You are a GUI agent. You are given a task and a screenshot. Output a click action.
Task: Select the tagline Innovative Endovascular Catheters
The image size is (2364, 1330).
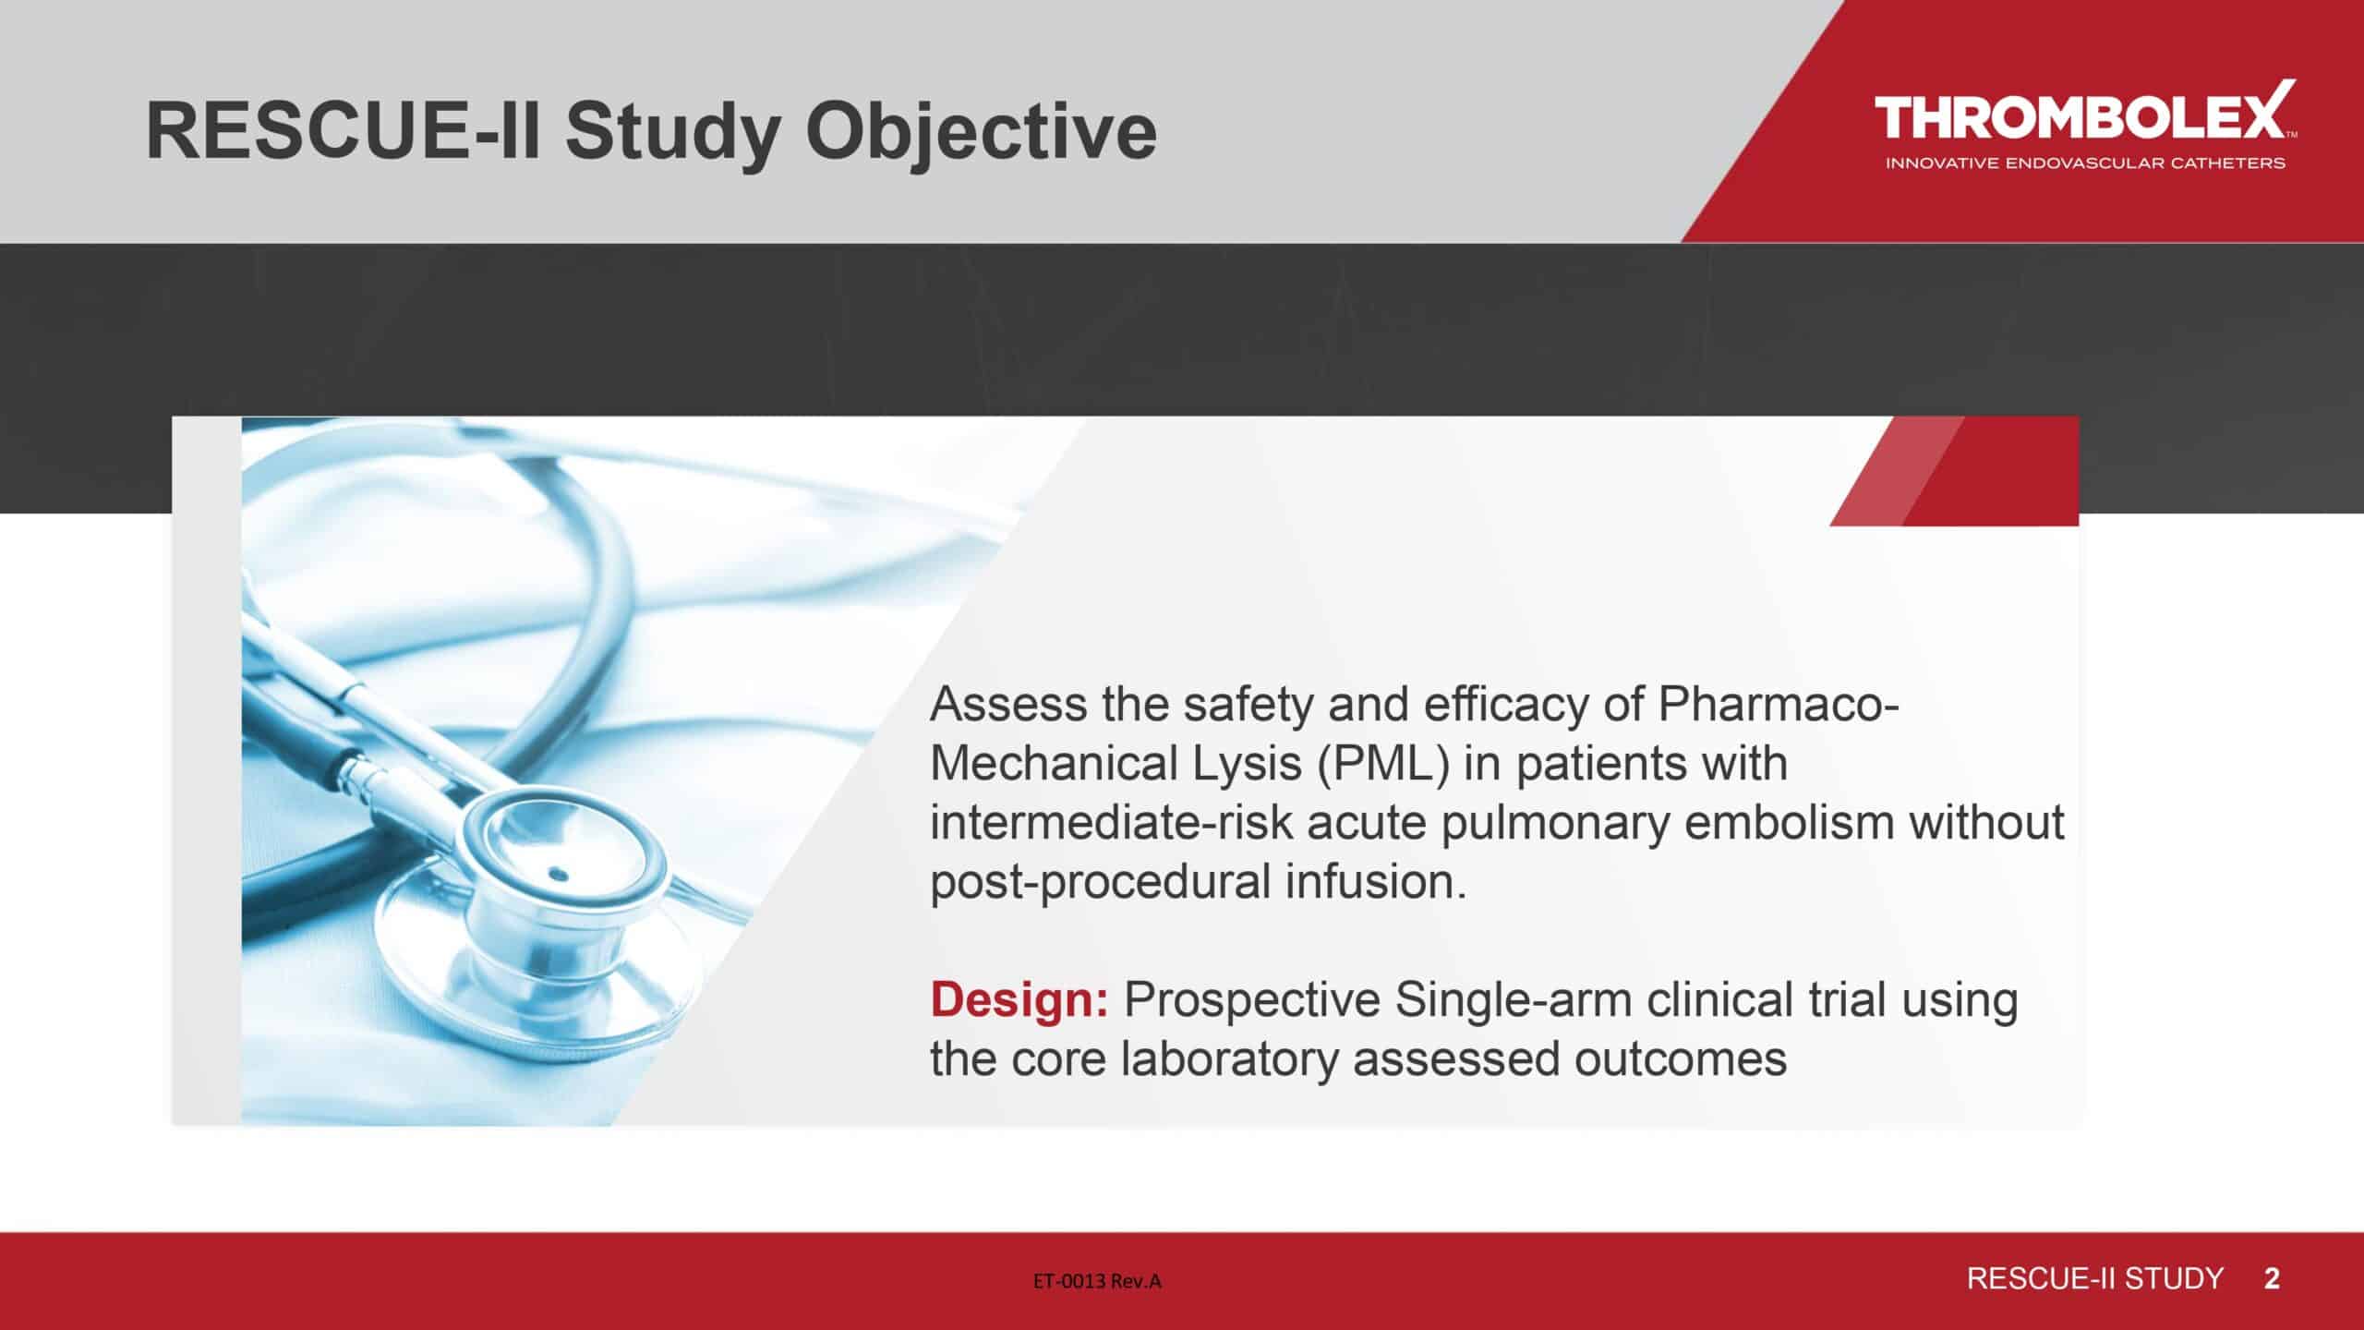click(2085, 163)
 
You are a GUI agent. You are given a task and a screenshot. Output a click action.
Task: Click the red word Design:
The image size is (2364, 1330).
click(1019, 999)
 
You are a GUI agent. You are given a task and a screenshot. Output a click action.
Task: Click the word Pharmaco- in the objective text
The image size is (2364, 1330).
click(1779, 704)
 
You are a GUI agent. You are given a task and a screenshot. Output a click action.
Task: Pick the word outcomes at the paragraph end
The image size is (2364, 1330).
click(1681, 1059)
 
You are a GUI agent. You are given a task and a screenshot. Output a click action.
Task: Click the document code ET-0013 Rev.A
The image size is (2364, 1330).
click(1097, 1280)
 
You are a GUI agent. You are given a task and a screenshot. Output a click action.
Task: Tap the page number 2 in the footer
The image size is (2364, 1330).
click(2272, 1279)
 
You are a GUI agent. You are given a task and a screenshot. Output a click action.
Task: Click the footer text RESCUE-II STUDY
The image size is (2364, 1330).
click(2095, 1279)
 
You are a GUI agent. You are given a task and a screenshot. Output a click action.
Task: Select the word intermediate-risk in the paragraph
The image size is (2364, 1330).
click(1111, 822)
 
